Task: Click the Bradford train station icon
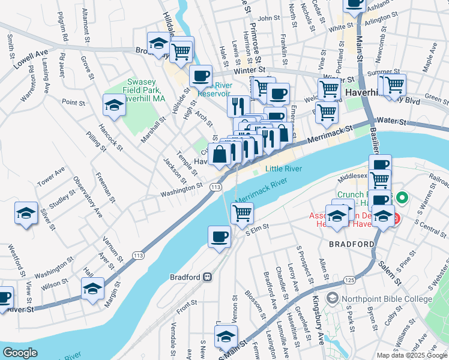pos(207,277)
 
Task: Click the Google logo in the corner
pos(20,353)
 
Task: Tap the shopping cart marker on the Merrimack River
pos(242,212)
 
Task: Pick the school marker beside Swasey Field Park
pos(114,105)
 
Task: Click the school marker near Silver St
pos(26,213)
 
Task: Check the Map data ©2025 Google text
pos(412,355)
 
